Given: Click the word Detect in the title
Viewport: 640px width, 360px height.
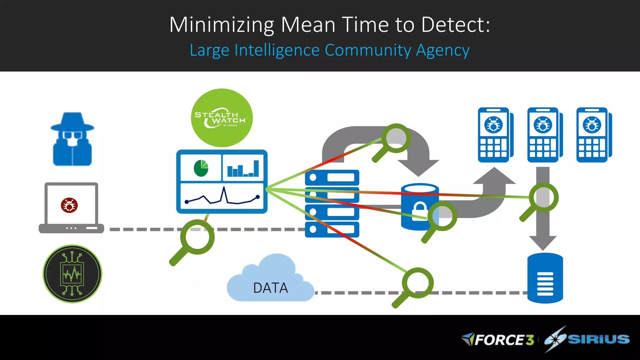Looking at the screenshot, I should pyautogui.click(x=455, y=25).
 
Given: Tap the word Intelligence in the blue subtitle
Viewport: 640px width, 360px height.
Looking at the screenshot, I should pyautogui.click(x=277, y=50).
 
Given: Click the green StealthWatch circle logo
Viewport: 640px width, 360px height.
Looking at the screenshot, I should pyautogui.click(x=222, y=118).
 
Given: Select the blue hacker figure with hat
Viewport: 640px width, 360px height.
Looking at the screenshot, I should pyautogui.click(x=72, y=139).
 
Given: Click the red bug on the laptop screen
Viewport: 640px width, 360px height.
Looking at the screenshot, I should pyautogui.click(x=69, y=205).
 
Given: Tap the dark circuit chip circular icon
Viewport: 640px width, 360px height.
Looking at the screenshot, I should pyautogui.click(x=72, y=274).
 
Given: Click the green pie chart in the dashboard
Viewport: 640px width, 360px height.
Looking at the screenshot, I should pyautogui.click(x=201, y=168).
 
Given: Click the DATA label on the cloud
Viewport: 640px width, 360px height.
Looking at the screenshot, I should pyautogui.click(x=270, y=288).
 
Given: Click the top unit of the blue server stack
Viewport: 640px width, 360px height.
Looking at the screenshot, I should pyautogui.click(x=332, y=177).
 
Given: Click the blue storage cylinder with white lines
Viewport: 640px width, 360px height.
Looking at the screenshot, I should pyautogui.click(x=545, y=278).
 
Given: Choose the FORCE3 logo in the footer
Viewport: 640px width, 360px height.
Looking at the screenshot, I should pyautogui.click(x=498, y=340).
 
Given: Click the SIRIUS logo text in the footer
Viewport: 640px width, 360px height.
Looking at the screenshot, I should pyautogui.click(x=598, y=339).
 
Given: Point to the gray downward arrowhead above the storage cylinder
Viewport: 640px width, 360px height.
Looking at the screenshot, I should pyautogui.click(x=543, y=242).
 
